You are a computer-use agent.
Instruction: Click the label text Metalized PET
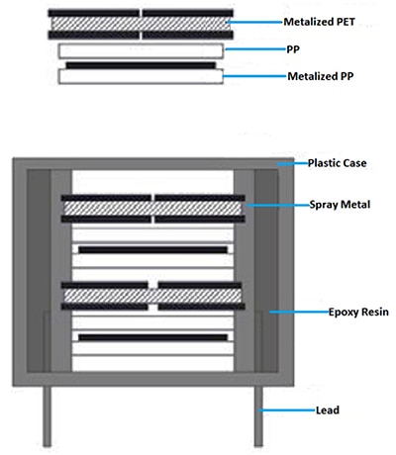(319, 22)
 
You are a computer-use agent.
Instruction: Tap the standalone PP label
(293, 49)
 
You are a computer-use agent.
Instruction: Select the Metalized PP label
(321, 76)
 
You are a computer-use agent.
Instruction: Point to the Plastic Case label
(337, 163)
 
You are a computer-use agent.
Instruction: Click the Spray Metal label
(340, 205)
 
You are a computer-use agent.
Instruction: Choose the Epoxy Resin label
(358, 312)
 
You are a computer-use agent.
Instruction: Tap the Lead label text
(328, 410)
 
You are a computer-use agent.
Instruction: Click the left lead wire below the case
(48, 416)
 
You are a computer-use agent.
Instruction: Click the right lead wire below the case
(258, 416)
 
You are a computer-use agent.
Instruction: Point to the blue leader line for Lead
(287, 410)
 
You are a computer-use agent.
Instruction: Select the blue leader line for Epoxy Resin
(299, 312)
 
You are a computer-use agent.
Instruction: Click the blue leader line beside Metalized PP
(254, 76)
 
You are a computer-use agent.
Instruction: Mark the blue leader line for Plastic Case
(292, 163)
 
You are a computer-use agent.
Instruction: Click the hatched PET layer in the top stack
(141, 24)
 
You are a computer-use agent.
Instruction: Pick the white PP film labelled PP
(141, 51)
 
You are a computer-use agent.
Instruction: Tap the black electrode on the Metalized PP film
(141, 65)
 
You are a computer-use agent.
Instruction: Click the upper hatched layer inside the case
(152, 209)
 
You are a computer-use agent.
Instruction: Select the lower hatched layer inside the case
(152, 296)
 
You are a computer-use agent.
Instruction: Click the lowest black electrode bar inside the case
(152, 337)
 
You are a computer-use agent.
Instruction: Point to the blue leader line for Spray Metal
(277, 205)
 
